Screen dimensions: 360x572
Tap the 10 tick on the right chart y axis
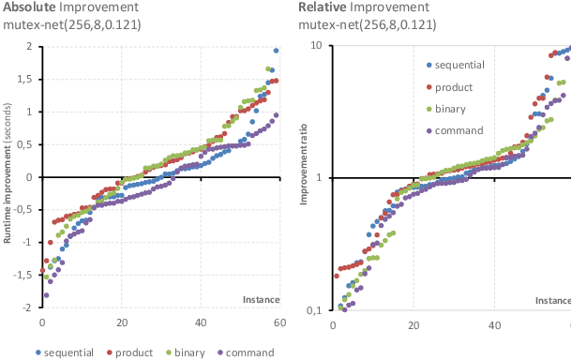316,47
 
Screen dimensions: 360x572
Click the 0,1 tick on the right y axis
314,309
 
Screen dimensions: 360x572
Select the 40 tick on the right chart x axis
494,324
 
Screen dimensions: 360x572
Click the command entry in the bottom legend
244,352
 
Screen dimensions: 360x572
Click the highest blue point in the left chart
276,51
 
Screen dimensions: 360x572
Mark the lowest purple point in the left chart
46,295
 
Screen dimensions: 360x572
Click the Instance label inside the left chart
262,300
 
